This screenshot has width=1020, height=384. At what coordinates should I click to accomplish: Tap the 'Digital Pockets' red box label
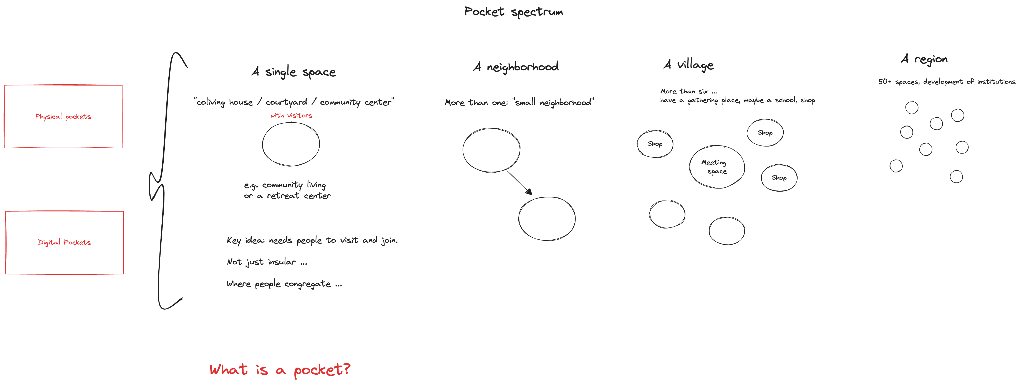click(64, 242)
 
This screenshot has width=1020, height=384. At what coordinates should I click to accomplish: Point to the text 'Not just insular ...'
click(267, 262)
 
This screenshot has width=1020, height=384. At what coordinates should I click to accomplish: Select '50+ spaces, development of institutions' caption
click(946, 82)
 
